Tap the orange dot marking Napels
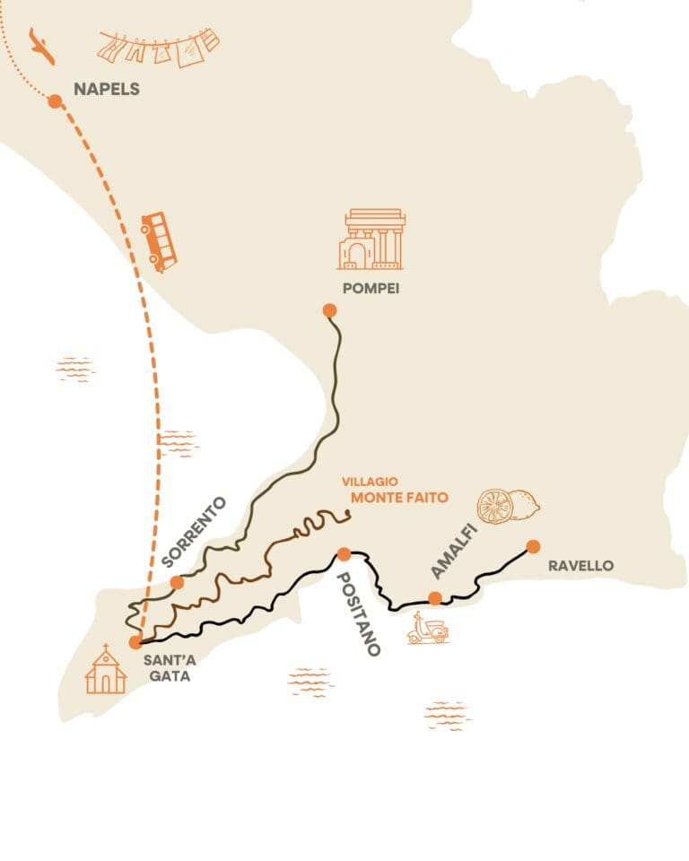point(55,101)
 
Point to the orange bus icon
point(159,240)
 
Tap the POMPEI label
point(371,289)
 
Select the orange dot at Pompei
point(329,310)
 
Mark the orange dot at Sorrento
point(177,582)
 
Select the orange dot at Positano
point(343,553)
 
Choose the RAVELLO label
point(580,566)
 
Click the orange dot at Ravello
point(533,546)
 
